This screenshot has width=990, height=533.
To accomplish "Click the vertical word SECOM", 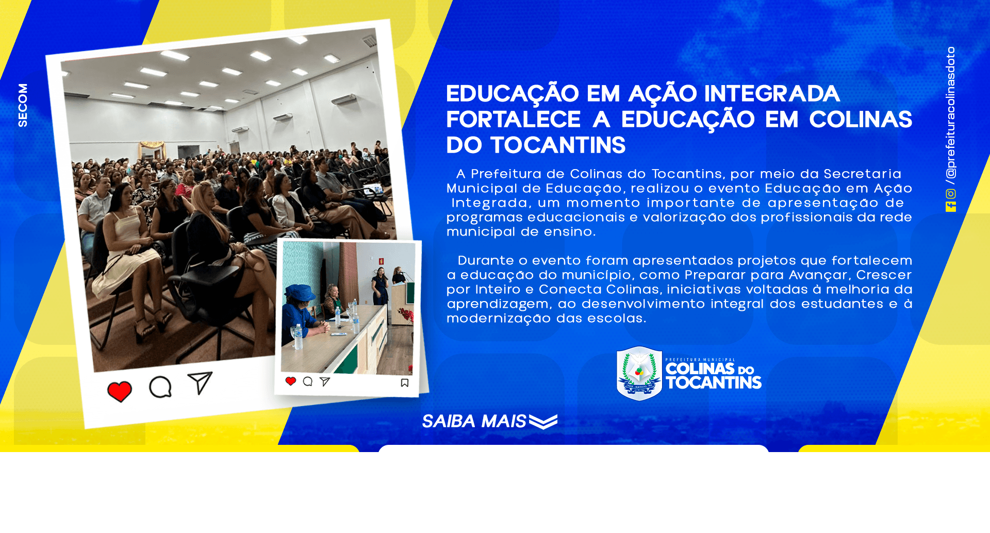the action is click(x=23, y=105).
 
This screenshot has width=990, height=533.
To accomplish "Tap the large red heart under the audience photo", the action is click(x=120, y=391).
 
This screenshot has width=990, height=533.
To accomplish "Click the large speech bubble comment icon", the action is click(x=160, y=387).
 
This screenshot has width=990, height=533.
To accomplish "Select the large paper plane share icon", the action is click(x=200, y=382).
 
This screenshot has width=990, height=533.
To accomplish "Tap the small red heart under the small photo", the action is click(x=291, y=381).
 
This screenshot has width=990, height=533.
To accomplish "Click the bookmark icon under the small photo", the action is click(x=405, y=382).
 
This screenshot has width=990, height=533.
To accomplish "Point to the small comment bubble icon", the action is click(x=308, y=381).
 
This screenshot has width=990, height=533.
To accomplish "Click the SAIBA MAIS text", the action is click(x=474, y=421).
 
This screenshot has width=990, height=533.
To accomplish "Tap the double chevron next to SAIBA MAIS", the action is click(x=543, y=422).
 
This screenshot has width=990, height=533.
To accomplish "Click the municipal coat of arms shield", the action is click(x=639, y=374).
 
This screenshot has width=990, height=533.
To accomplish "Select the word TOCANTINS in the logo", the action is click(x=714, y=382).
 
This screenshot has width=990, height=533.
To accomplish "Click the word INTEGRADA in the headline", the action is click(x=772, y=94).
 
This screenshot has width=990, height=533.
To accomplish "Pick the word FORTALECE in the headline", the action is click(x=514, y=120).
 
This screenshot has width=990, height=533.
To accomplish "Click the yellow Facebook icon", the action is click(x=951, y=207).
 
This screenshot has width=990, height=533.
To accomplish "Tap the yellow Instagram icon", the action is click(x=951, y=194).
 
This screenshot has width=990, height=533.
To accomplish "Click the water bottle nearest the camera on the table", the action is click(x=298, y=337).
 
